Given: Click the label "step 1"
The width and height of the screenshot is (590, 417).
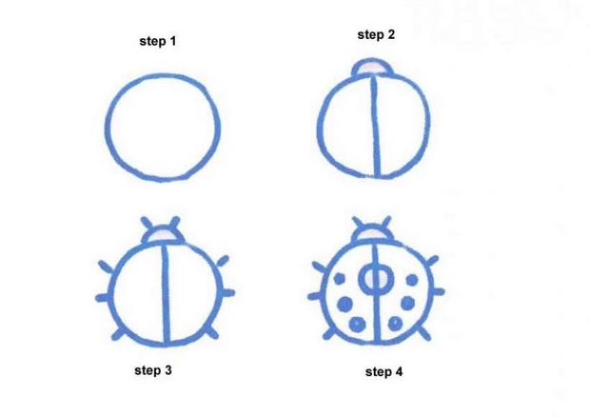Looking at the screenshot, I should [x=158, y=42].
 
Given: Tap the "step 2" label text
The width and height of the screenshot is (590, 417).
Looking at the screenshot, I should [x=376, y=34].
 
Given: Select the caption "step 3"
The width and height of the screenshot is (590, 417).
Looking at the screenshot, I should [x=152, y=370].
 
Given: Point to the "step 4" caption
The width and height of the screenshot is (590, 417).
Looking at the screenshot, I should [x=383, y=372].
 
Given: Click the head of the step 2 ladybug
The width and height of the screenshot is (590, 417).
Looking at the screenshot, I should [x=372, y=67].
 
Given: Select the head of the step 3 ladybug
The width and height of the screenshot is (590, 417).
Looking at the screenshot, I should [x=164, y=232].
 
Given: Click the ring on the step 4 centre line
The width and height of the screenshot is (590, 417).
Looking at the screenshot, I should [x=376, y=278].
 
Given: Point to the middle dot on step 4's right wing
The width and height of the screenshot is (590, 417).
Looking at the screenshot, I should [x=407, y=304].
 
